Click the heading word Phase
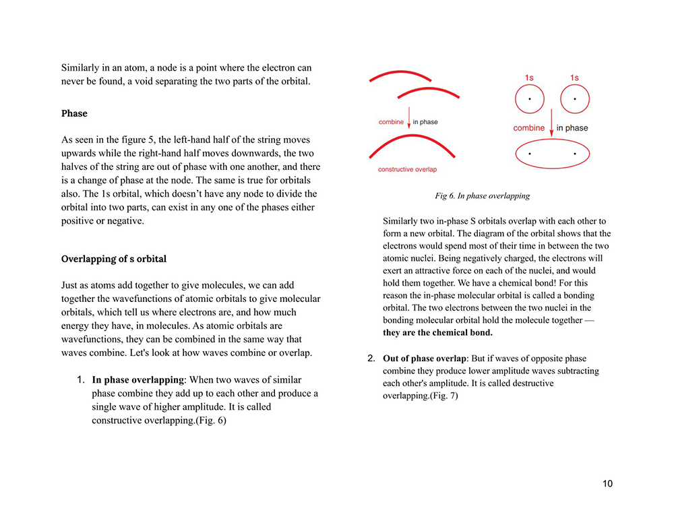(x=74, y=113)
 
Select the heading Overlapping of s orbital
(x=113, y=259)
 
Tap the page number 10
(x=607, y=483)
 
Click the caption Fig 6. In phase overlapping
(x=482, y=196)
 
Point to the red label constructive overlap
(x=407, y=170)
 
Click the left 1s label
(x=529, y=78)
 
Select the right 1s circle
(x=574, y=100)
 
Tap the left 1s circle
(x=529, y=100)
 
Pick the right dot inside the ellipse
(x=574, y=154)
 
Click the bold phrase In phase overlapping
(x=137, y=379)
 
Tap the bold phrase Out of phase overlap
(x=424, y=358)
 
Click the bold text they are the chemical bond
(x=437, y=332)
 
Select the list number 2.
(x=369, y=358)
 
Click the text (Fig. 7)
(x=443, y=396)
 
